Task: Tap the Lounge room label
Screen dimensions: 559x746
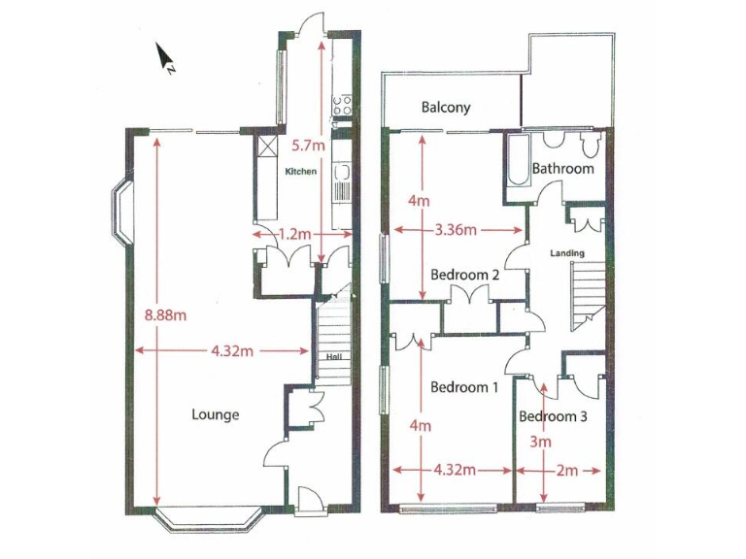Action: [215, 414]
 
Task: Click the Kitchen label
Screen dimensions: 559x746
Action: [301, 172]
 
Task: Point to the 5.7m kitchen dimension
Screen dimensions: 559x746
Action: [307, 147]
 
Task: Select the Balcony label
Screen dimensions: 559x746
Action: [446, 107]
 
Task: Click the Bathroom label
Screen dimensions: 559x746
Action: [562, 169]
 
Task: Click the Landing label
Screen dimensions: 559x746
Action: [567, 254]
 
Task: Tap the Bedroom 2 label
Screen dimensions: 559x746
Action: [464, 275]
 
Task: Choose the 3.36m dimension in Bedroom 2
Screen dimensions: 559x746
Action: [455, 230]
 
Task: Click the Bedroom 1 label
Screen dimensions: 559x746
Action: [464, 387]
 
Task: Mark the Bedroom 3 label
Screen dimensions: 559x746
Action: [553, 417]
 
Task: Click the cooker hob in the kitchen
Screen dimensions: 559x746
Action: [342, 105]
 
